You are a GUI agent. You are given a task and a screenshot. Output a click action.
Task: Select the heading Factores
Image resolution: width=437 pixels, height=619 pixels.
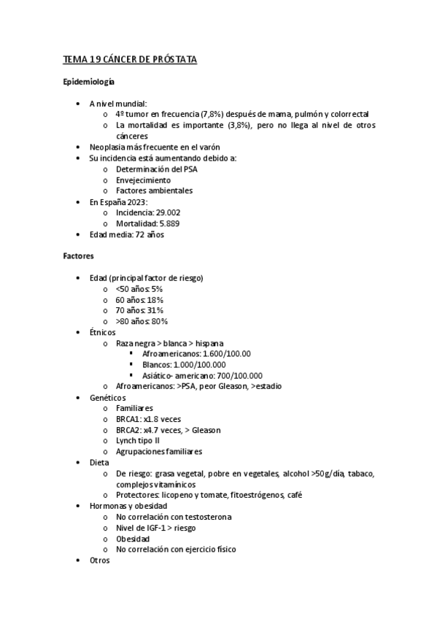pos(77,256)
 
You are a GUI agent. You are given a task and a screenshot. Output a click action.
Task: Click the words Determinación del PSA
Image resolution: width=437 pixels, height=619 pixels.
pos(155,169)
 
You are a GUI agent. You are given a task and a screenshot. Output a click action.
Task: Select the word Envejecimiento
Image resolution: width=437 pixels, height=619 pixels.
pos(143,180)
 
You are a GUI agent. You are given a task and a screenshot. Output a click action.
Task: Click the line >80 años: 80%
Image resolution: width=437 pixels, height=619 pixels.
pos(142,321)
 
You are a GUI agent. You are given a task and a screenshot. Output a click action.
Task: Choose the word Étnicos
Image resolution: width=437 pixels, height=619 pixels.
pos(102,332)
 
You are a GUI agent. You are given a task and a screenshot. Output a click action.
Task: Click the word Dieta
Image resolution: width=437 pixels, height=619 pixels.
pos(99,463)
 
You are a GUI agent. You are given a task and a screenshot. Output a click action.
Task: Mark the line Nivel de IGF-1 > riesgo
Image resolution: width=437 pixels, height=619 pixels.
pos(155,528)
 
